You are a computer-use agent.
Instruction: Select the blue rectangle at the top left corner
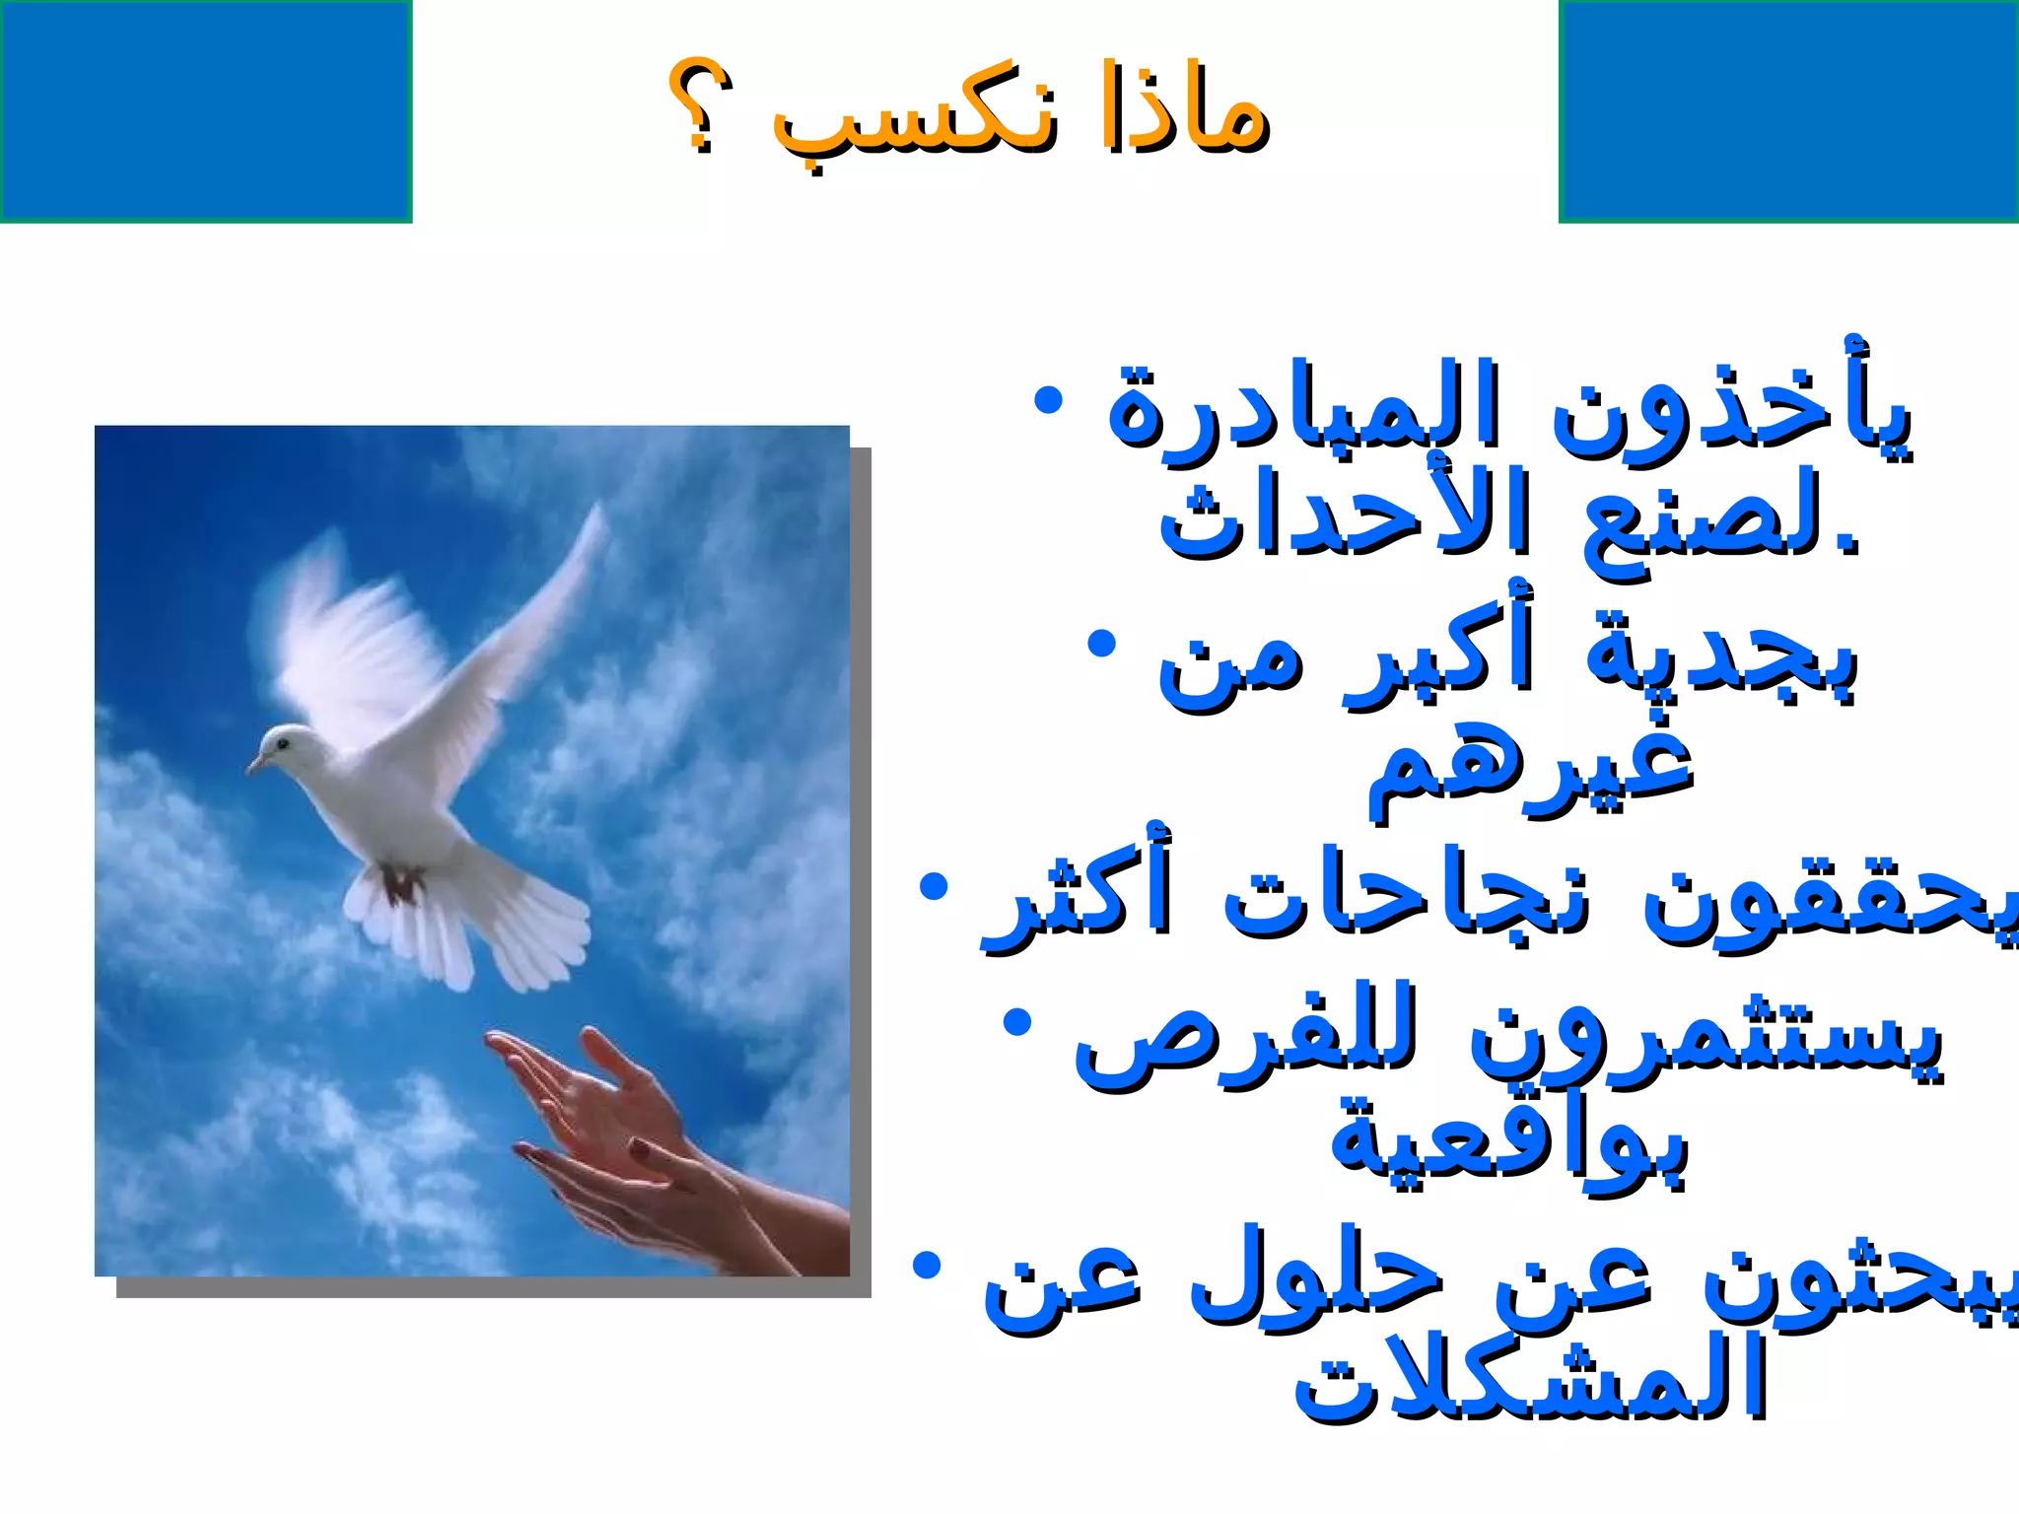pyautogui.click(x=205, y=110)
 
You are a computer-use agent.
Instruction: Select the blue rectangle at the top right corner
pyautogui.click(x=1788, y=110)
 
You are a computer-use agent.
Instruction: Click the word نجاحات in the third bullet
pyautogui.click(x=1405, y=897)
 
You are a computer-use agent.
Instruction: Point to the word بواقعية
pyautogui.click(x=1508, y=1143)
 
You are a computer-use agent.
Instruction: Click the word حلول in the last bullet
pyautogui.click(x=1316, y=1281)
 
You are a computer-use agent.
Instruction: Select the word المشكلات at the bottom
pyautogui.click(x=1528, y=1380)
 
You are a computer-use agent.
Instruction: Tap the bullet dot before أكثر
pyautogui.click(x=933, y=887)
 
